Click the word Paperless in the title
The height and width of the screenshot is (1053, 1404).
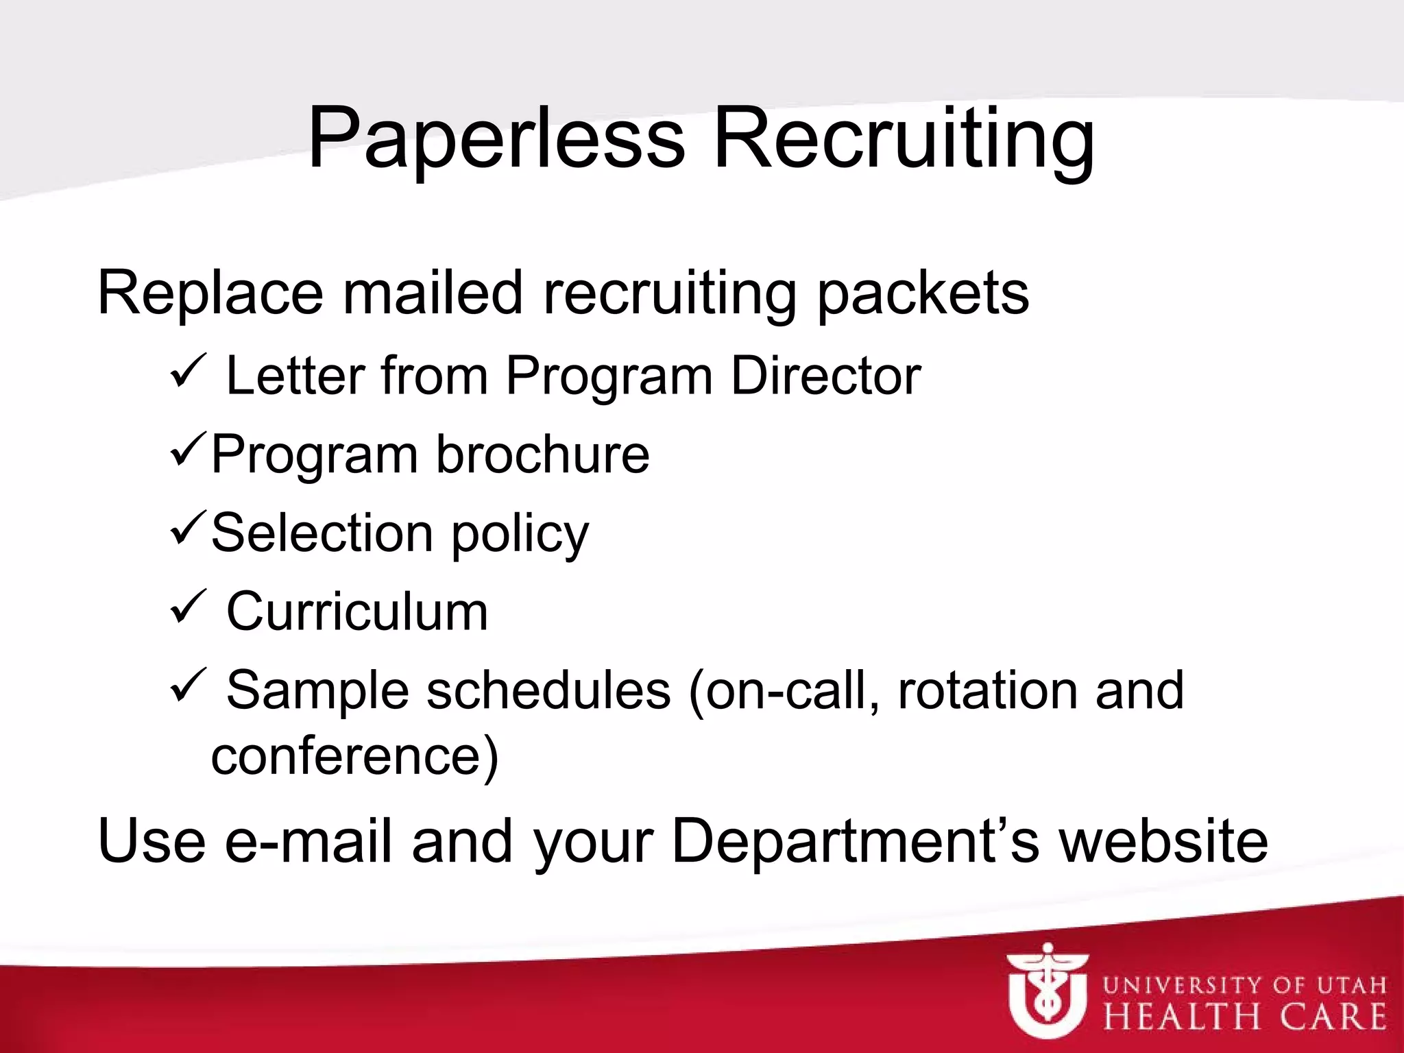coord(496,139)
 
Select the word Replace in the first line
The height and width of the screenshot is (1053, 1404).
coord(210,293)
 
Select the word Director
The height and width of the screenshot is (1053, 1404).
coord(825,376)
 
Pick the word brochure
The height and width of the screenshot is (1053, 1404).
coord(542,454)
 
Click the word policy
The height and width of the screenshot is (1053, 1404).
coord(520,534)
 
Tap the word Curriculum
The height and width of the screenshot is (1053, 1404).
coord(357,612)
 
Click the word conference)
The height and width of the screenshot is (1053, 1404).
coord(354,756)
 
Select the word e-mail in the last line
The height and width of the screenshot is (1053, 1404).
coord(308,841)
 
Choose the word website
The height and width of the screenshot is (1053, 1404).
coord(1163,841)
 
